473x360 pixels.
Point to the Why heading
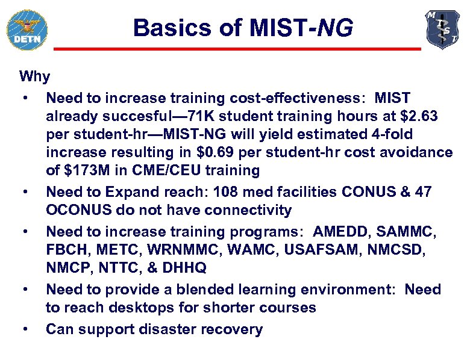pos(35,76)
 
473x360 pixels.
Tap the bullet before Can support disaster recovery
pos(25,329)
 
